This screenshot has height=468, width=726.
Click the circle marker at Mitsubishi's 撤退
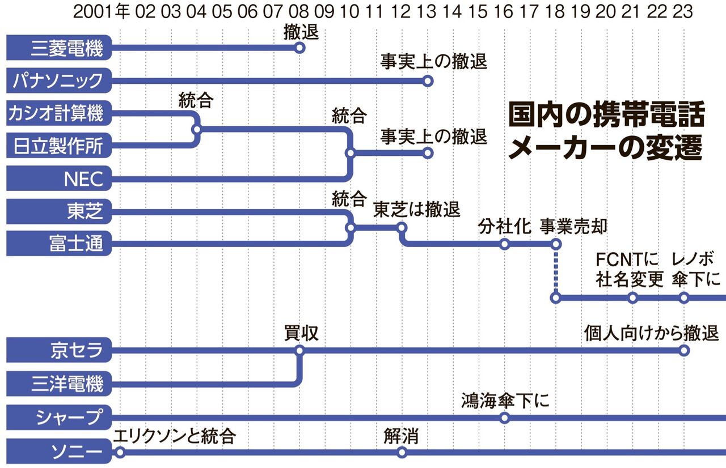(300, 48)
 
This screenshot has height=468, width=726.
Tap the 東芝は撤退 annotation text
(416, 210)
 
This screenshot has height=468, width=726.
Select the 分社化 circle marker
(504, 244)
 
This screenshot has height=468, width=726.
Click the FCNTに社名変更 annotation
(630, 270)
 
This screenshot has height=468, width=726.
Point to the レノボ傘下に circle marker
(683, 297)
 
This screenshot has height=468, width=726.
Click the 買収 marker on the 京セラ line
(300, 351)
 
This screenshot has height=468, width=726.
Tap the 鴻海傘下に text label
(505, 401)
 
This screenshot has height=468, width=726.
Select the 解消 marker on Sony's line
(402, 452)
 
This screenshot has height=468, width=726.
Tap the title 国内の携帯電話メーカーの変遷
(605, 132)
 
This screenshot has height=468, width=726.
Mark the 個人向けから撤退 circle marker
(684, 351)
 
